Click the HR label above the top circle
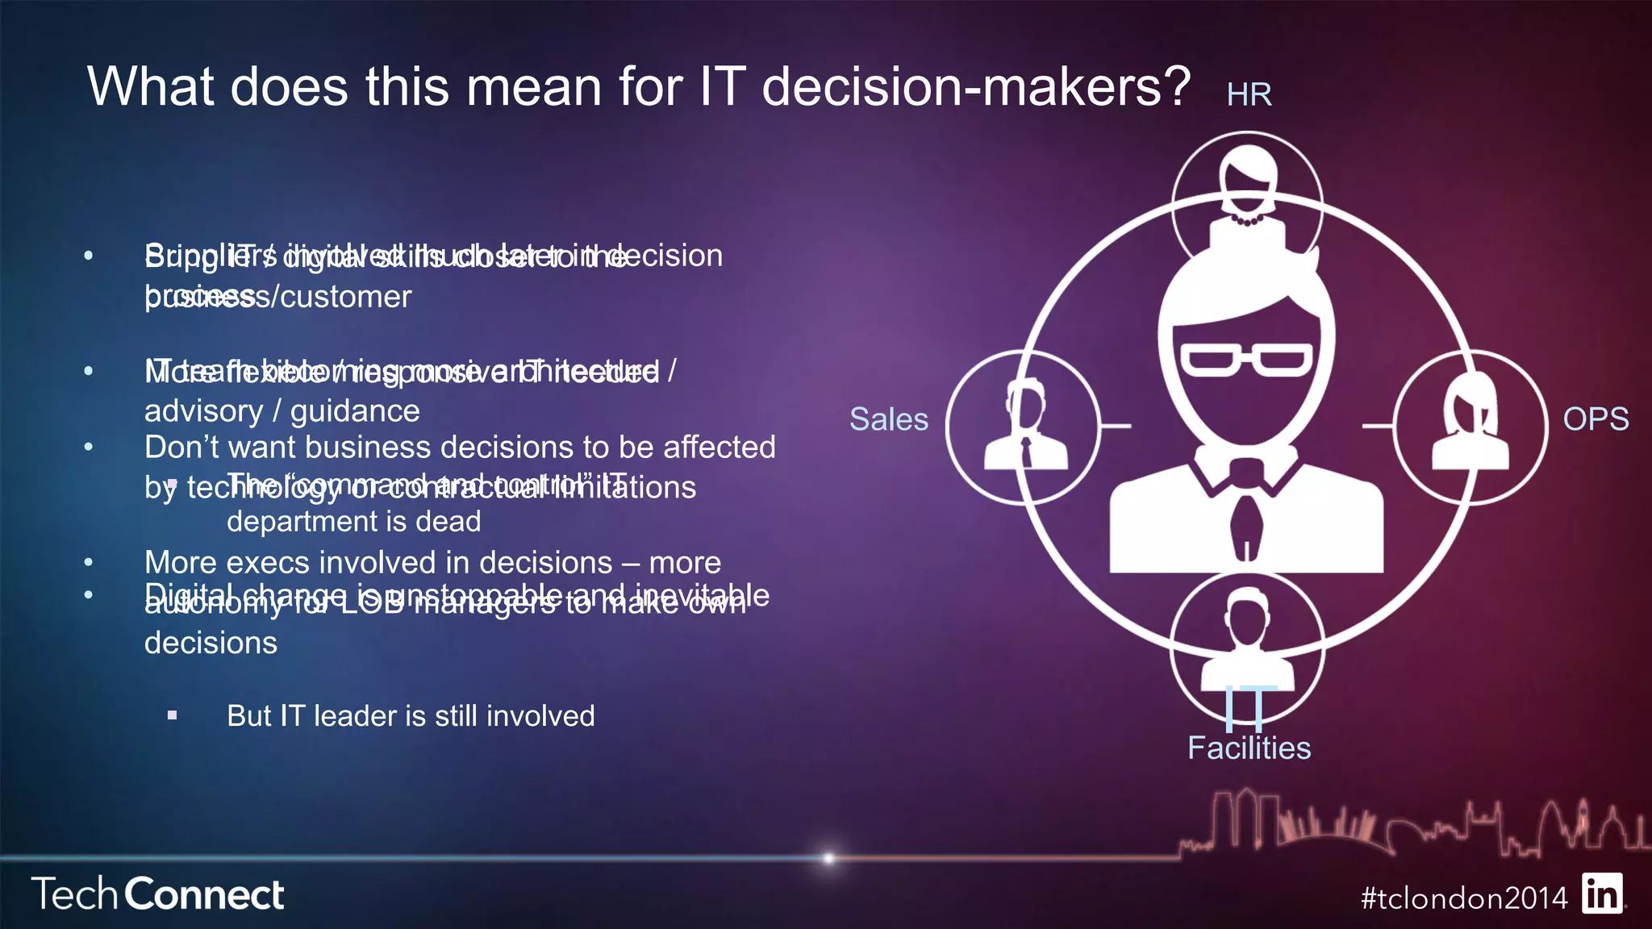click(x=1249, y=95)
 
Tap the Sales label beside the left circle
click(x=888, y=419)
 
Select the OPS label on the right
click(x=1595, y=419)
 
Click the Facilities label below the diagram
click(x=1249, y=748)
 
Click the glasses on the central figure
click(x=1246, y=360)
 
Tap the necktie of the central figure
click(x=1246, y=524)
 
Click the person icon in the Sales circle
click(x=1025, y=427)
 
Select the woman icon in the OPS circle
click(x=1469, y=423)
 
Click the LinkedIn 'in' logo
click(x=1602, y=894)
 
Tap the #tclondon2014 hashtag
click(x=1464, y=898)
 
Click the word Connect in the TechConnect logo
click(x=205, y=895)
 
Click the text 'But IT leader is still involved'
click(x=411, y=716)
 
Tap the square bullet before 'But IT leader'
click(x=172, y=715)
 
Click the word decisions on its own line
click(x=211, y=644)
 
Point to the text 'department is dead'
click(x=353, y=522)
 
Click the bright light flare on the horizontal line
click(x=828, y=858)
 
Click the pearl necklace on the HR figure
click(x=1247, y=219)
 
